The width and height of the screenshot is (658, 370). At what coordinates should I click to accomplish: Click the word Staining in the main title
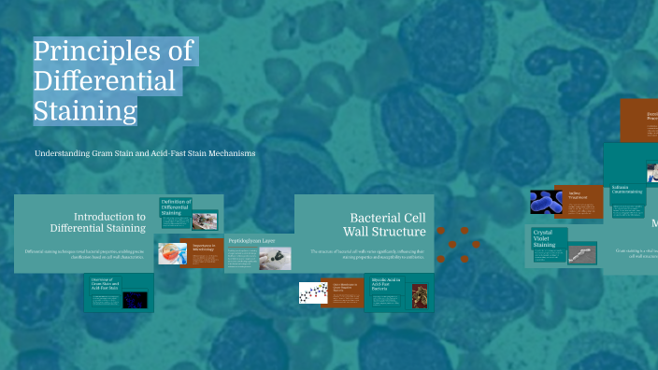(x=85, y=112)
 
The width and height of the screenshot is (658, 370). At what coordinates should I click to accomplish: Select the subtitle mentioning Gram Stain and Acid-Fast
(x=145, y=152)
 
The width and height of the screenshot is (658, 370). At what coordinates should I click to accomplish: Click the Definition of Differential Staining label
(x=175, y=207)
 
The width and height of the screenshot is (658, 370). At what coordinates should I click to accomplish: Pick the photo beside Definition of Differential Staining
(x=205, y=221)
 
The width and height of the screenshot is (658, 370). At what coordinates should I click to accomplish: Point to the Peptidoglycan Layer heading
(x=251, y=240)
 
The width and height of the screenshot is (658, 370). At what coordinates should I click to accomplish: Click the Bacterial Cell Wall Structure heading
(x=386, y=224)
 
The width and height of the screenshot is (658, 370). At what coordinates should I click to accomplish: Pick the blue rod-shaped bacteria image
(x=546, y=203)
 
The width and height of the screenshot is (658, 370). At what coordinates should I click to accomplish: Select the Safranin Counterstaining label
(x=627, y=190)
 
